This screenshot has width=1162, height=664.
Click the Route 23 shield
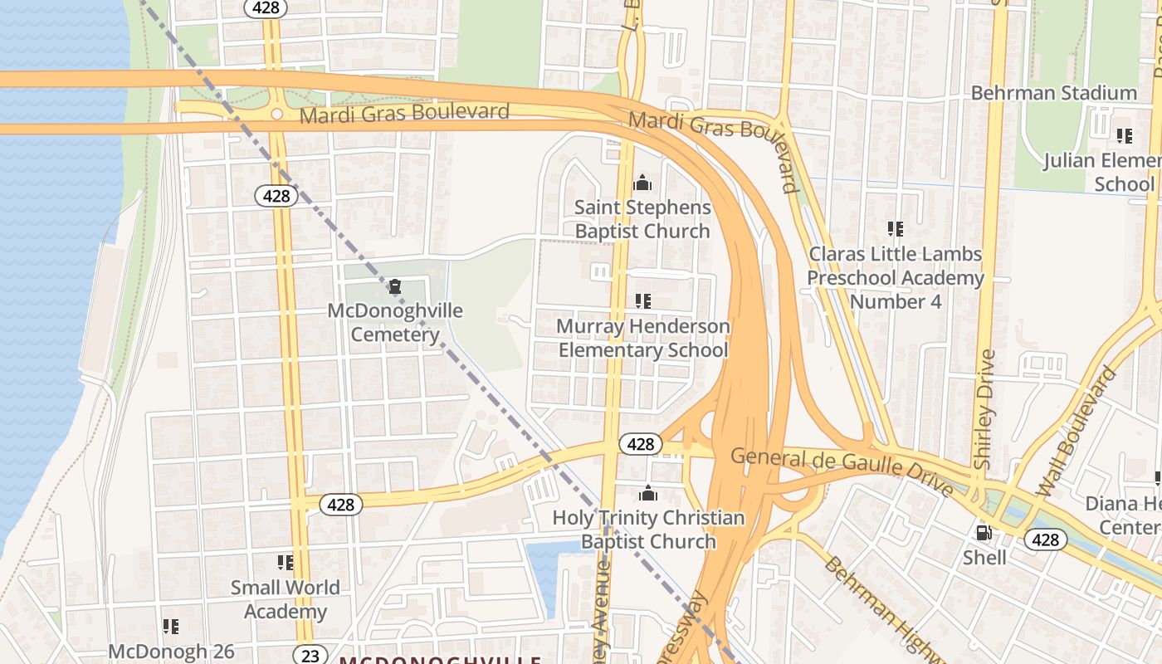coord(310,656)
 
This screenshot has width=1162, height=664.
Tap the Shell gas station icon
coord(984,533)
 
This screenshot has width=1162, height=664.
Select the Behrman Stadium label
coord(1054,93)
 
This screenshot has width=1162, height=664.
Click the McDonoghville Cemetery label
coord(395,323)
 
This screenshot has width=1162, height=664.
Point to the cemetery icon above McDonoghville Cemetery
coord(395,287)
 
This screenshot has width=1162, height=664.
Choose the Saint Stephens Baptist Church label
coord(642,219)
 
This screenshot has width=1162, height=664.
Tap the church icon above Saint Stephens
coord(642,183)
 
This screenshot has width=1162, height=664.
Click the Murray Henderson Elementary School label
coord(643,338)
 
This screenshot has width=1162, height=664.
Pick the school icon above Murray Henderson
coord(642,300)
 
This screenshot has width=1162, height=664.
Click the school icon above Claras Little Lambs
coord(895,227)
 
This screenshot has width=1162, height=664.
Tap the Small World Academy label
coord(285,599)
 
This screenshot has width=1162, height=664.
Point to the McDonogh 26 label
coord(172,652)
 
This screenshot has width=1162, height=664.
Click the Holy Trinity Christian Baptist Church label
coord(648,530)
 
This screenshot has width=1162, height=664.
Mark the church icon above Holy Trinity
coord(648,494)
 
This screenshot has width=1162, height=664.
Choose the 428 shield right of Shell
coord(1046,540)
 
